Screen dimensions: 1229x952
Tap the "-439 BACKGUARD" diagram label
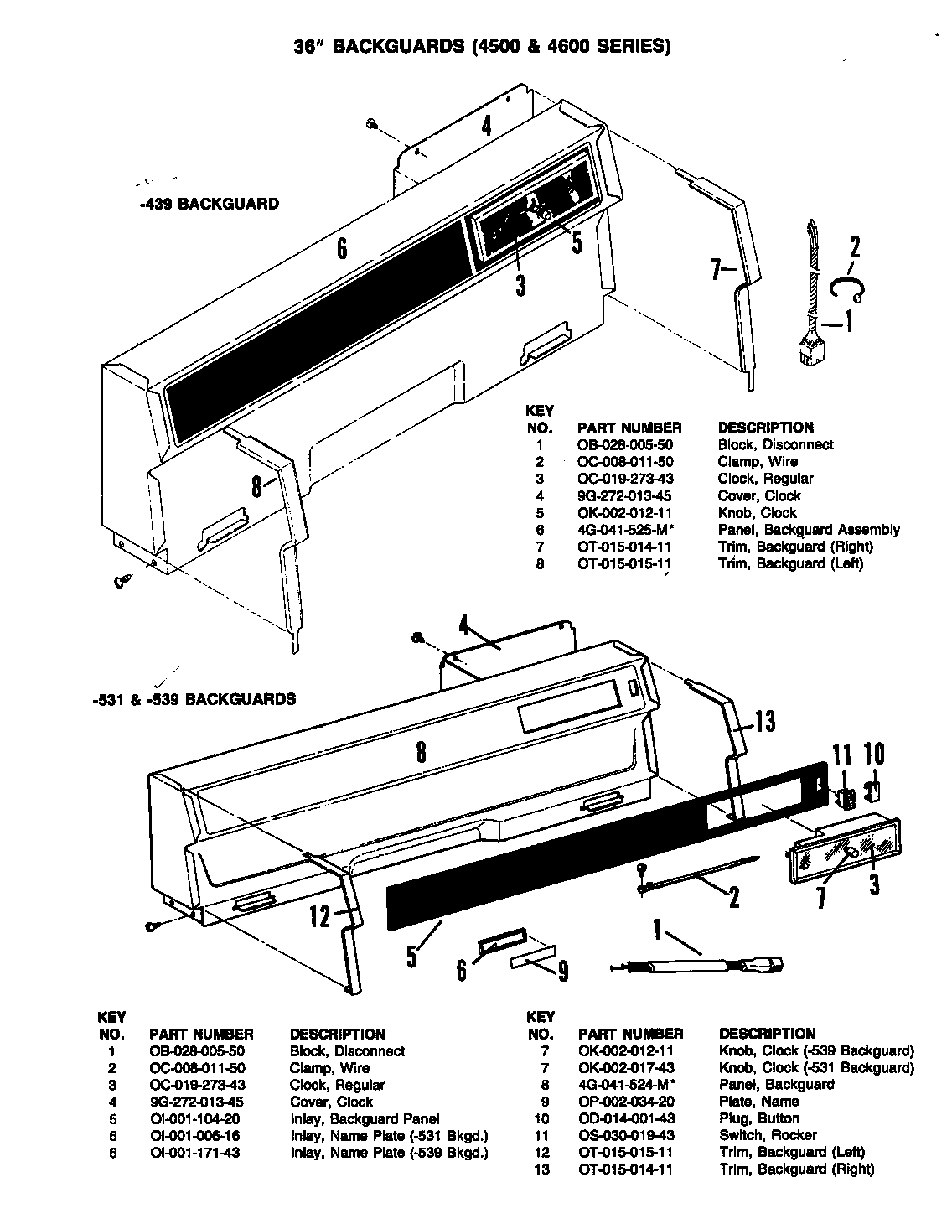pyautogui.click(x=210, y=204)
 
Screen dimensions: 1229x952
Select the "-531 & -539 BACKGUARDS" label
pyautogui.click(x=195, y=698)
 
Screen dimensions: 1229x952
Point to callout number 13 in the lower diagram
pyautogui.click(x=763, y=720)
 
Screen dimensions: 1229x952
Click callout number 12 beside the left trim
pyautogui.click(x=321, y=917)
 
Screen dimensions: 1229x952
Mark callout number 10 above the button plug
pyautogui.click(x=873, y=755)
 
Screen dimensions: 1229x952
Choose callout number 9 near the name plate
pyautogui.click(x=562, y=970)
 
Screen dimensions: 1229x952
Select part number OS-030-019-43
pyautogui.click(x=627, y=1135)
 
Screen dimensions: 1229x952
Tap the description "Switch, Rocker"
pyautogui.click(x=767, y=1135)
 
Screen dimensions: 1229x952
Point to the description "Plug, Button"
pyautogui.click(x=759, y=1118)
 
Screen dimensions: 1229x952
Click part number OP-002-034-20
pyautogui.click(x=627, y=1102)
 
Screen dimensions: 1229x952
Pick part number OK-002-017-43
pyautogui.click(x=627, y=1067)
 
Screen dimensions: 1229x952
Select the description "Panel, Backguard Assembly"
pyautogui.click(x=809, y=530)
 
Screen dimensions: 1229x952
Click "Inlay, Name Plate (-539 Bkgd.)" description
pyautogui.click(x=389, y=1153)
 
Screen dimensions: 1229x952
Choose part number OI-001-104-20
pyautogui.click(x=197, y=1118)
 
